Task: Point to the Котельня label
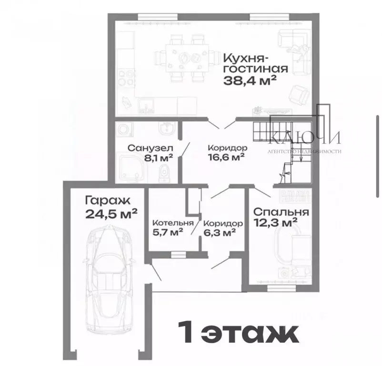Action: pyautogui.click(x=172, y=223)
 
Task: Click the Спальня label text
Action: pyautogui.click(x=281, y=212)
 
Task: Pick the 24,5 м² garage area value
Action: pyautogui.click(x=112, y=213)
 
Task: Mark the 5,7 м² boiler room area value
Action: pyautogui.click(x=169, y=233)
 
